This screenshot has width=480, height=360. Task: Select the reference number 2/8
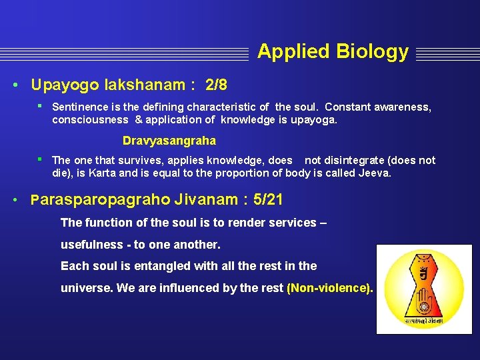pyautogui.click(x=216, y=85)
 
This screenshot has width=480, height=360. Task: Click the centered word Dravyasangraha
pyautogui.click(x=169, y=141)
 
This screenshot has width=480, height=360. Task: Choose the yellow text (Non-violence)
pyautogui.click(x=329, y=288)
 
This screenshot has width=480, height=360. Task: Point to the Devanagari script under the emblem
pyautogui.click(x=423, y=321)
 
